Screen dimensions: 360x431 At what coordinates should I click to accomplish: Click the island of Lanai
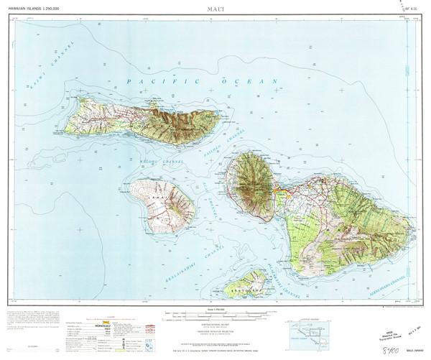(x=164, y=203)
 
